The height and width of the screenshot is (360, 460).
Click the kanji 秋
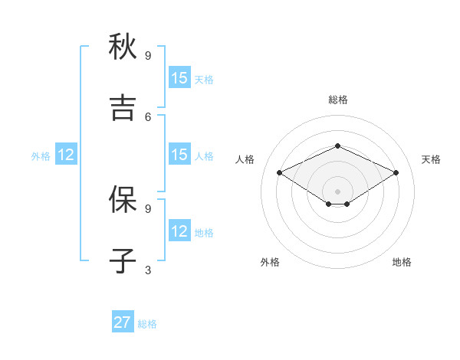(x=123, y=47)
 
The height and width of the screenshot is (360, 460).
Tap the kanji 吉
(x=123, y=108)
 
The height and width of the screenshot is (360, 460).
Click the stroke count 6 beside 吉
(x=148, y=116)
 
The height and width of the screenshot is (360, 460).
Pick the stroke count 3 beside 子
(x=148, y=270)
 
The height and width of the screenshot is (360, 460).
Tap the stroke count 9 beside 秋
(x=148, y=55)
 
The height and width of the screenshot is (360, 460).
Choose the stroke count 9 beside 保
(x=148, y=208)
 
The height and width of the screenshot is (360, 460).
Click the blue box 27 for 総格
(x=122, y=322)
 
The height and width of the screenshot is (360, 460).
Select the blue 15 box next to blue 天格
(x=179, y=78)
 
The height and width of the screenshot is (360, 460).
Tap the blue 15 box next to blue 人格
(x=179, y=155)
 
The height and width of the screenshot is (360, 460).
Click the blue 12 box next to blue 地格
(x=179, y=231)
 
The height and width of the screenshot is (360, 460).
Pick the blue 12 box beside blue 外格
(x=66, y=155)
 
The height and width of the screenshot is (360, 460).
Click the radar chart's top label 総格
(x=337, y=100)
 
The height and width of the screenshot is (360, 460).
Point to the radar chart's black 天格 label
(x=431, y=159)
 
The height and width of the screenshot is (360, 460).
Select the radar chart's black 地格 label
(x=402, y=262)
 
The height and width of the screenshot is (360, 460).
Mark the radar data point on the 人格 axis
(x=280, y=173)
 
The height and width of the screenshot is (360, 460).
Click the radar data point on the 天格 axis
(x=396, y=173)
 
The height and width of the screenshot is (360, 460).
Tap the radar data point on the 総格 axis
(x=337, y=146)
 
